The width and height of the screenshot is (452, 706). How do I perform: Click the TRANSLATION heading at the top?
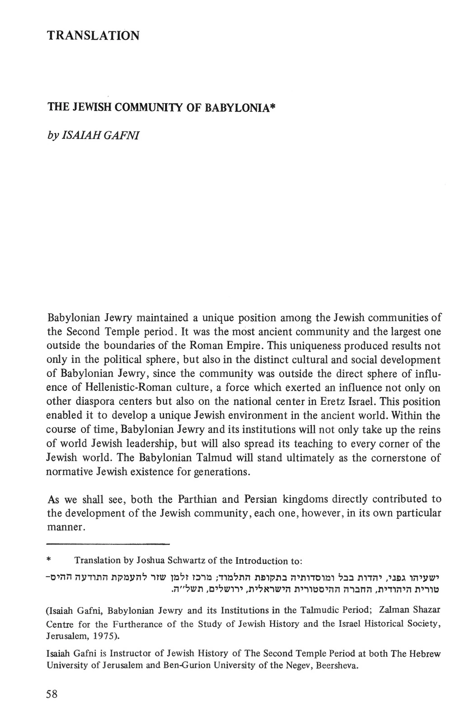[93, 35]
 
